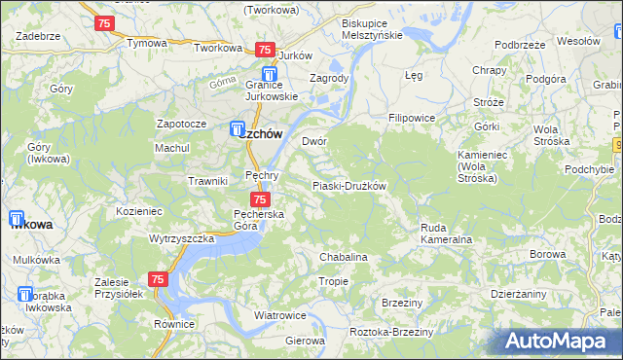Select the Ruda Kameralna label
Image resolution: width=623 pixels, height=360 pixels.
tap(446, 233)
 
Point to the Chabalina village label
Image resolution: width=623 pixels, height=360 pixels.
tap(344, 257)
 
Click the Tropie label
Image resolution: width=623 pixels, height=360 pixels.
tap(333, 281)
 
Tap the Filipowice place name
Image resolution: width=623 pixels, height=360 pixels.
tap(411, 118)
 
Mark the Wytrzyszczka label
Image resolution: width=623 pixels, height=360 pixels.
tap(181, 238)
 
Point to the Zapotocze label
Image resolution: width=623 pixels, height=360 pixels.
tap(182, 125)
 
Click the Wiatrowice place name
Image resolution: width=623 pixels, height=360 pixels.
tap(280, 316)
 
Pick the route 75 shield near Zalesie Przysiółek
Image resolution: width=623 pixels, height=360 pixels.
tap(159, 279)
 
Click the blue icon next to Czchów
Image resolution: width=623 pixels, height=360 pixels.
tap(238, 127)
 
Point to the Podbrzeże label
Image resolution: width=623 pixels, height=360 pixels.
tap(519, 45)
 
